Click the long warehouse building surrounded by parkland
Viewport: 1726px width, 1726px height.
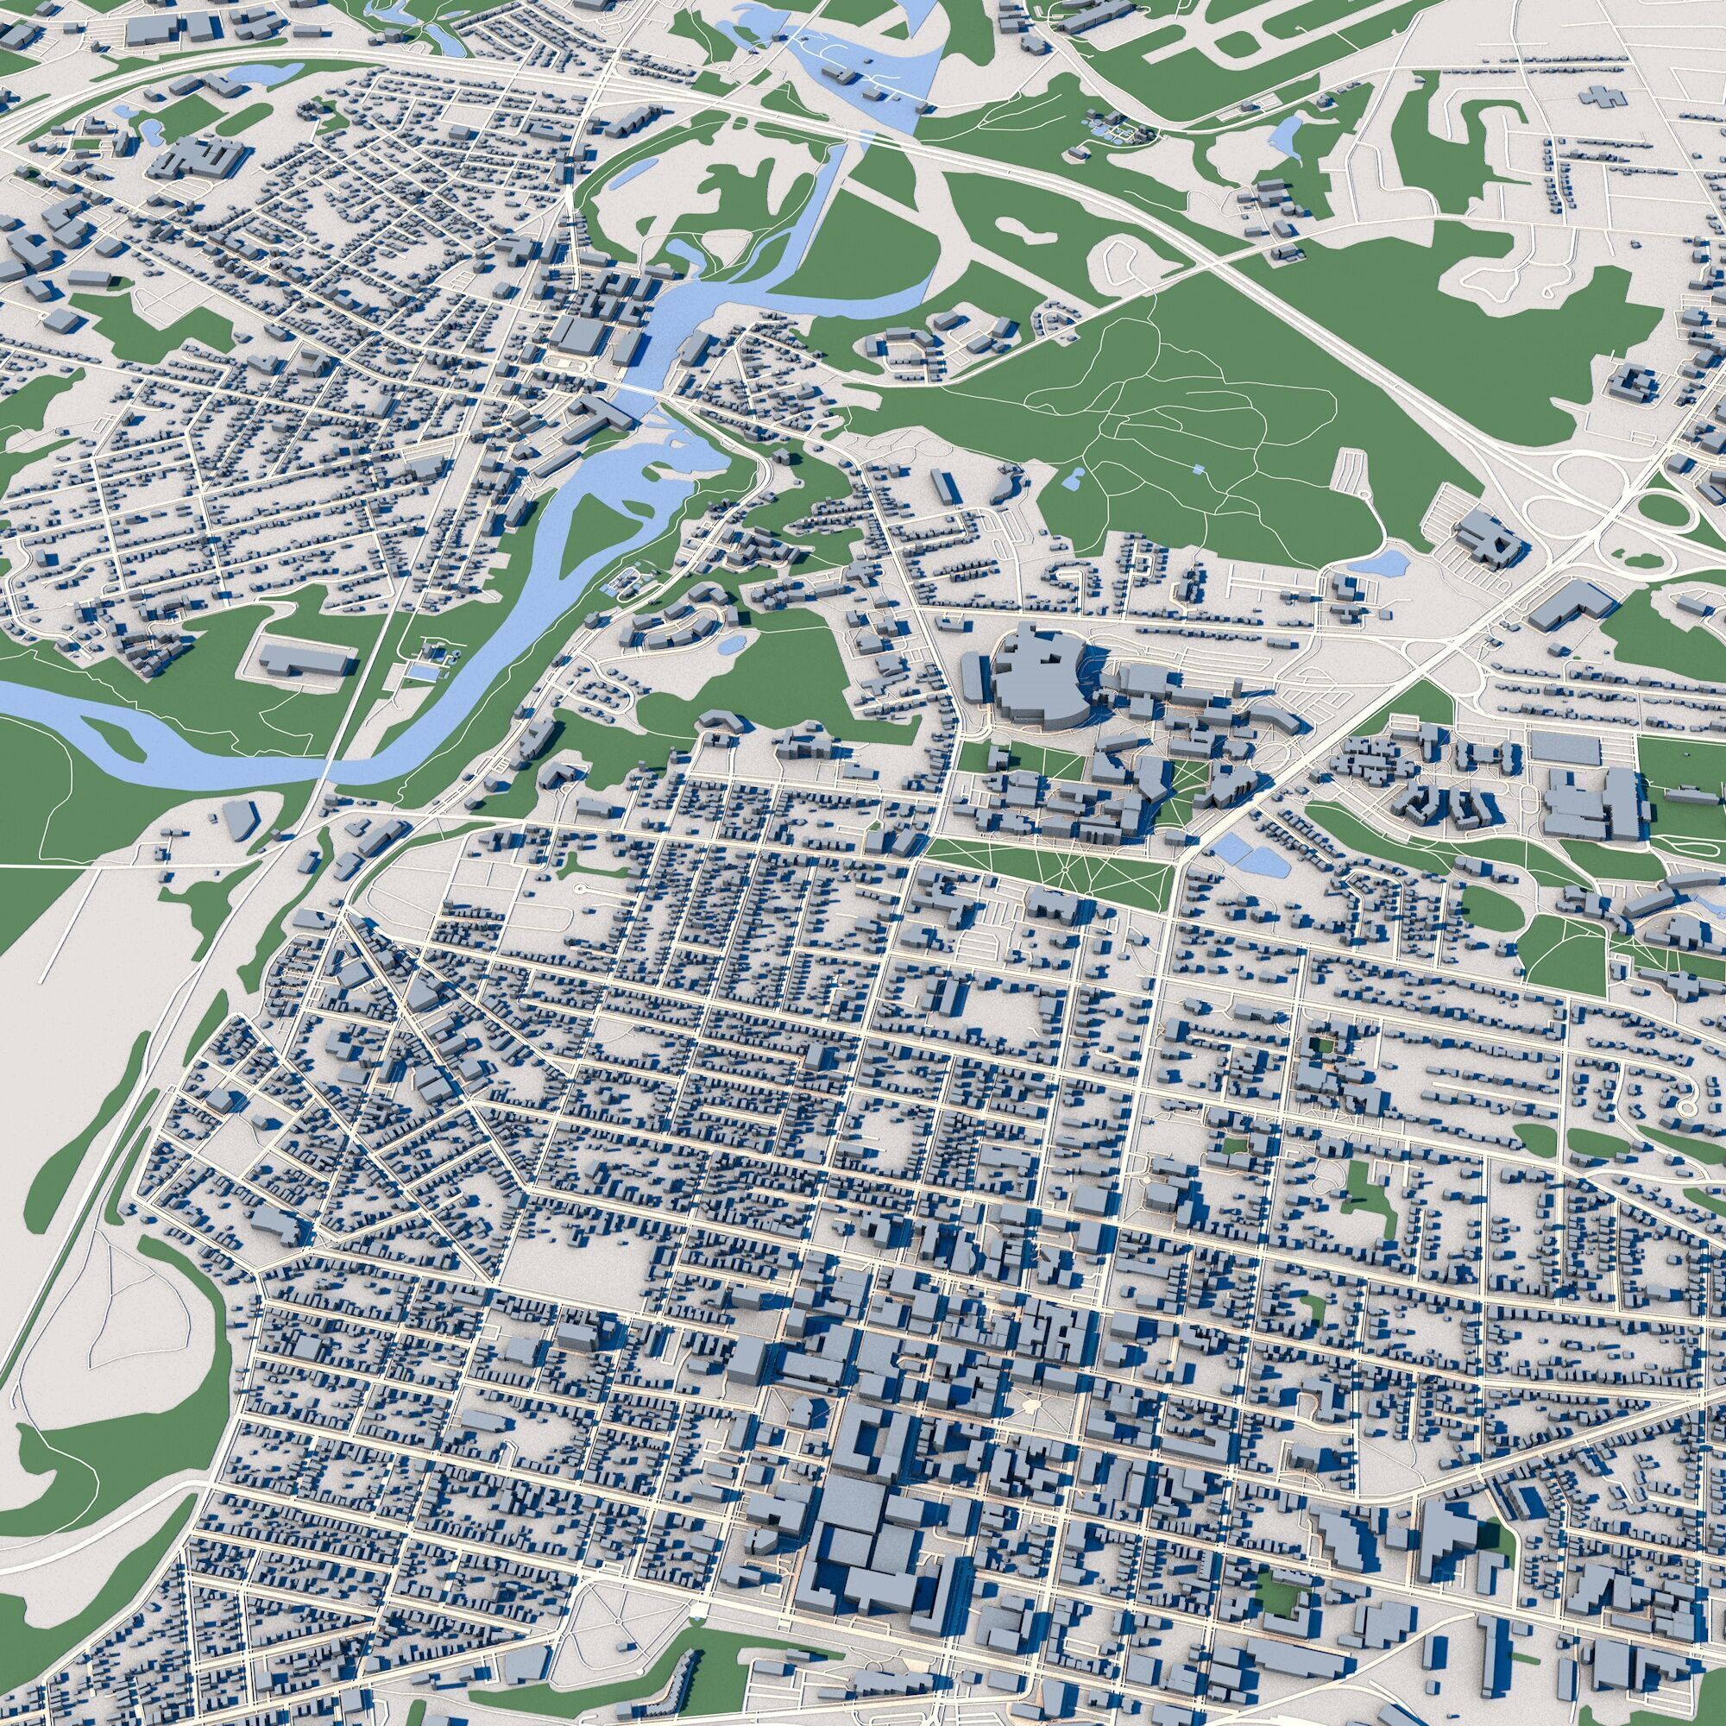[x=306, y=658]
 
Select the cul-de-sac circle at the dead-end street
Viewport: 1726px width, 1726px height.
[x=582, y=889]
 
